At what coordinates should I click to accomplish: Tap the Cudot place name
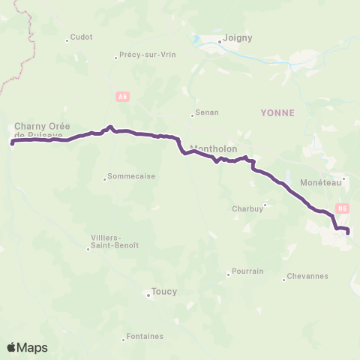[81, 37]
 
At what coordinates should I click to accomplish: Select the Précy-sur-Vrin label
[137, 55]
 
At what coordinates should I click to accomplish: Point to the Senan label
[205, 114]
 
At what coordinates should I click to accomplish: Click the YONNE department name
[277, 112]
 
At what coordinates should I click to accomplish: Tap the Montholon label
[214, 148]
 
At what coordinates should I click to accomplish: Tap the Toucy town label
[163, 292]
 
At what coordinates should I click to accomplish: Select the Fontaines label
[145, 336]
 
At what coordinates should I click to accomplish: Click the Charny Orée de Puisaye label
[42, 130]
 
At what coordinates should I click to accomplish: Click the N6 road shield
[343, 208]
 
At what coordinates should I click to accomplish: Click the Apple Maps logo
[27, 347]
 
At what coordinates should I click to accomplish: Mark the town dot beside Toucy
[148, 295]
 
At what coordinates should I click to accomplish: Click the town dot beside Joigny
[220, 42]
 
